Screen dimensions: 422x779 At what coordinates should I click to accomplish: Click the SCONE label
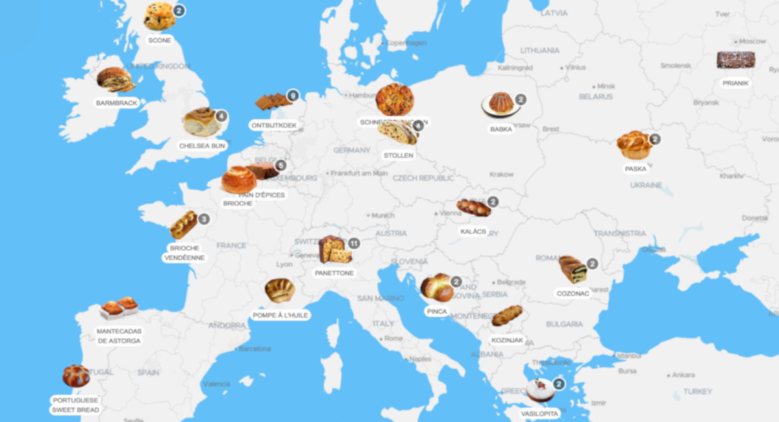(x=160, y=40)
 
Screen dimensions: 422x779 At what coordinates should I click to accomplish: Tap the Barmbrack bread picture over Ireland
(x=115, y=79)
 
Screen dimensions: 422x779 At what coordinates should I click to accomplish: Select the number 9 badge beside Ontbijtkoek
(x=292, y=95)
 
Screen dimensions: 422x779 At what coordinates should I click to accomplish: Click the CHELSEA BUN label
(x=203, y=146)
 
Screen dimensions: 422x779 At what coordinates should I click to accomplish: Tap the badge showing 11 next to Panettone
(x=354, y=243)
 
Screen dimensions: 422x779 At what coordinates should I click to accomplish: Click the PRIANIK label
(x=736, y=83)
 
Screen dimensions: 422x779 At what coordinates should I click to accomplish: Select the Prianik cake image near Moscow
(x=736, y=60)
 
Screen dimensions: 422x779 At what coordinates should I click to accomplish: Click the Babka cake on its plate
(x=500, y=103)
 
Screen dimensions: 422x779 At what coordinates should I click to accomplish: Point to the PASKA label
(x=636, y=169)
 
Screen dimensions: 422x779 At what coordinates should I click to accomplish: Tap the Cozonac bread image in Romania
(x=573, y=269)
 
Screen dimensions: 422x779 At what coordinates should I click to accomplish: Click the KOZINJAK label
(x=507, y=340)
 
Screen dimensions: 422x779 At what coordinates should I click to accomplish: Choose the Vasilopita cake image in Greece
(x=540, y=390)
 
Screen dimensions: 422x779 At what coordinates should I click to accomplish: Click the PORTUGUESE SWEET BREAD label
(x=76, y=405)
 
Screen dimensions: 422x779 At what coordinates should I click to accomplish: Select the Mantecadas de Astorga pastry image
(x=119, y=308)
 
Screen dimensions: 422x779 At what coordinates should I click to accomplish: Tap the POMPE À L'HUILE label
(x=280, y=316)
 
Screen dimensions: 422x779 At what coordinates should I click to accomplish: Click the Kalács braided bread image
(x=473, y=208)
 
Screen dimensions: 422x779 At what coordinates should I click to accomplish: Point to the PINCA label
(x=436, y=312)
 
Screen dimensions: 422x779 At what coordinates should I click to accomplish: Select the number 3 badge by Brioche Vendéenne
(x=204, y=219)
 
